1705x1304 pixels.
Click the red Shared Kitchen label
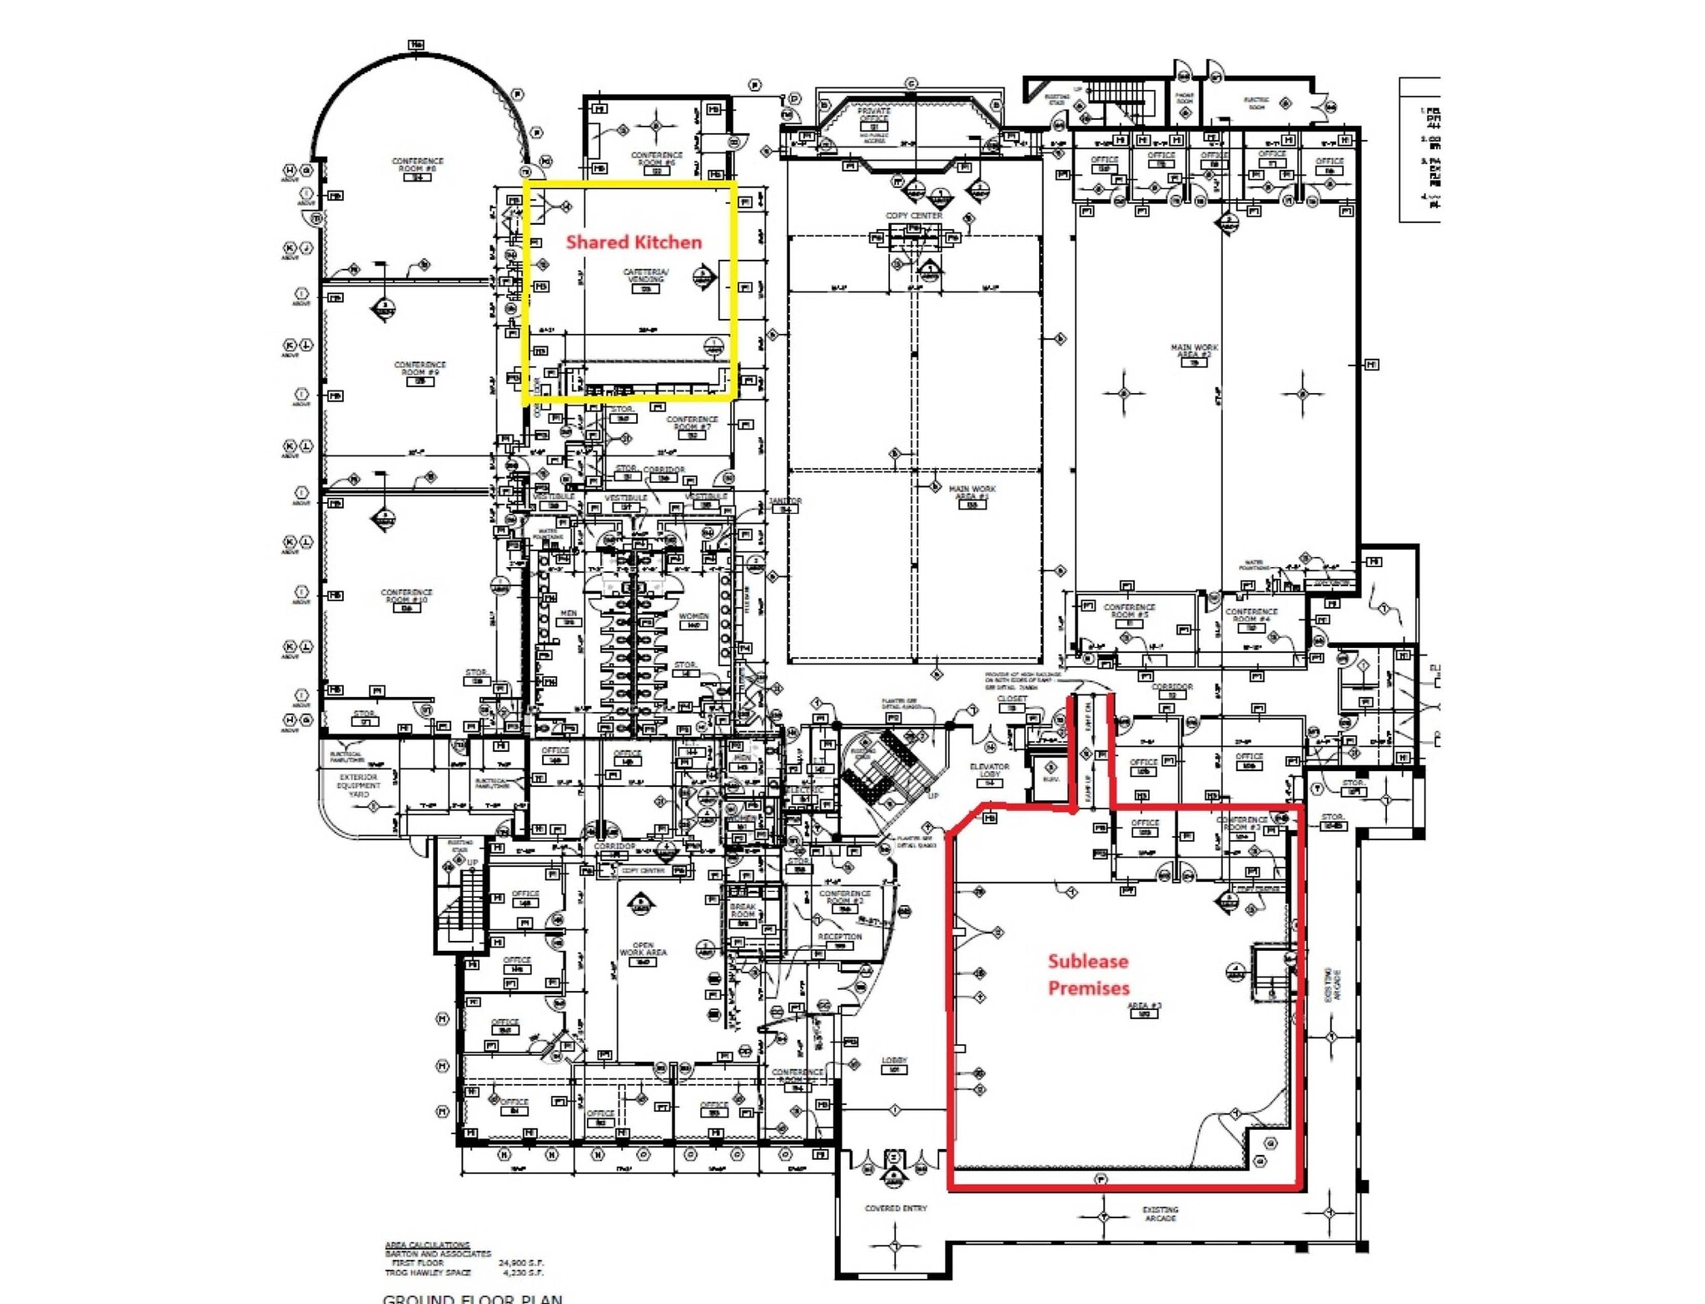[x=634, y=242]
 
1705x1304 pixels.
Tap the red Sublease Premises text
[x=1088, y=974]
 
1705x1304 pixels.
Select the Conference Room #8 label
[x=417, y=165]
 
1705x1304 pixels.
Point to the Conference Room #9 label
[x=420, y=369]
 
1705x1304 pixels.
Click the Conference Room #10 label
[x=406, y=596]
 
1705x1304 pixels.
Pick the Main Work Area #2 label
[x=1194, y=351]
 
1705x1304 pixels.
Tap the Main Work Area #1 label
[x=972, y=493]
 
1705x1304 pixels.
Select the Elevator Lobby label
[x=989, y=770]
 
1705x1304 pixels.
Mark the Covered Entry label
[x=895, y=1208]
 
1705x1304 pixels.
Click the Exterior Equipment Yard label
[x=359, y=785]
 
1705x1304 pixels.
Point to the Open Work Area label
[x=643, y=949]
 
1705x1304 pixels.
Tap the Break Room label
[x=743, y=910]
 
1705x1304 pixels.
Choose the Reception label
[x=839, y=938]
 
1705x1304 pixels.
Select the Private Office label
[x=873, y=114]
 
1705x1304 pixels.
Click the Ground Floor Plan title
[x=472, y=1297]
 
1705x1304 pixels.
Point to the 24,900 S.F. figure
[x=520, y=1263]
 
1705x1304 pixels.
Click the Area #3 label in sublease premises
[x=1144, y=1007]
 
